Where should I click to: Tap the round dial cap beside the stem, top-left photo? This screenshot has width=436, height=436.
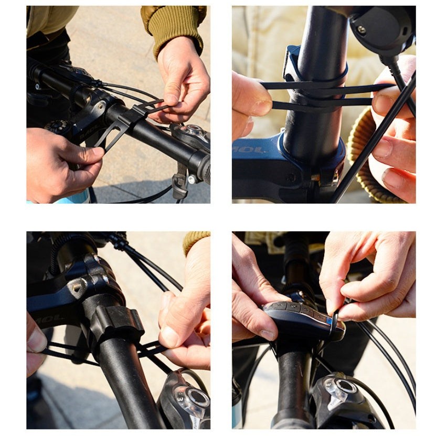click(58, 126)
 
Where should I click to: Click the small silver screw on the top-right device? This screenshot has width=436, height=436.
click(361, 29)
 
